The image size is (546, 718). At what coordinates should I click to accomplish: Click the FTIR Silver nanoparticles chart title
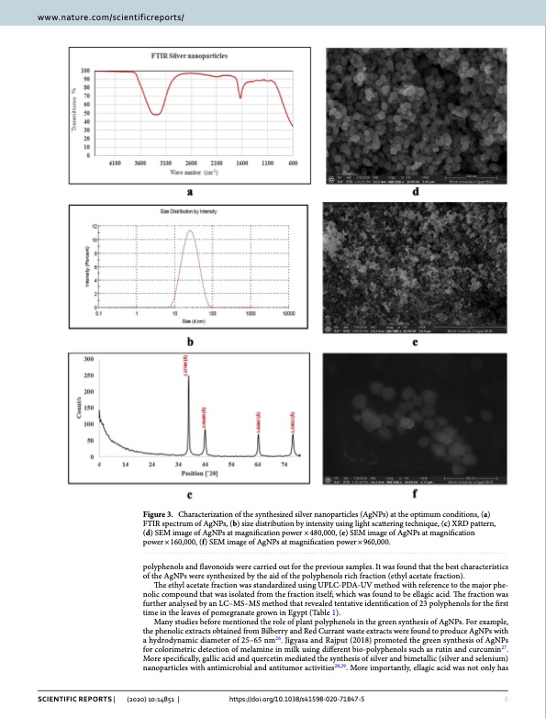[x=190, y=57]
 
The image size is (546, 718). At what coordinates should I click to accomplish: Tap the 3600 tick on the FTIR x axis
[x=141, y=163]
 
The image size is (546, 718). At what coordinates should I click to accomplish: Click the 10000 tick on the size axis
[x=287, y=314]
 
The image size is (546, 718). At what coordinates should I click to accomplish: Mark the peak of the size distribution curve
[x=189, y=231]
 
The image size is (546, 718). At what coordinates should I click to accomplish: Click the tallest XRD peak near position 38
[x=188, y=376]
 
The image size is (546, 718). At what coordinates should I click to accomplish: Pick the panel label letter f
[x=416, y=495]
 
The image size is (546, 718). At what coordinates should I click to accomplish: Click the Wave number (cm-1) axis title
[x=195, y=172]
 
